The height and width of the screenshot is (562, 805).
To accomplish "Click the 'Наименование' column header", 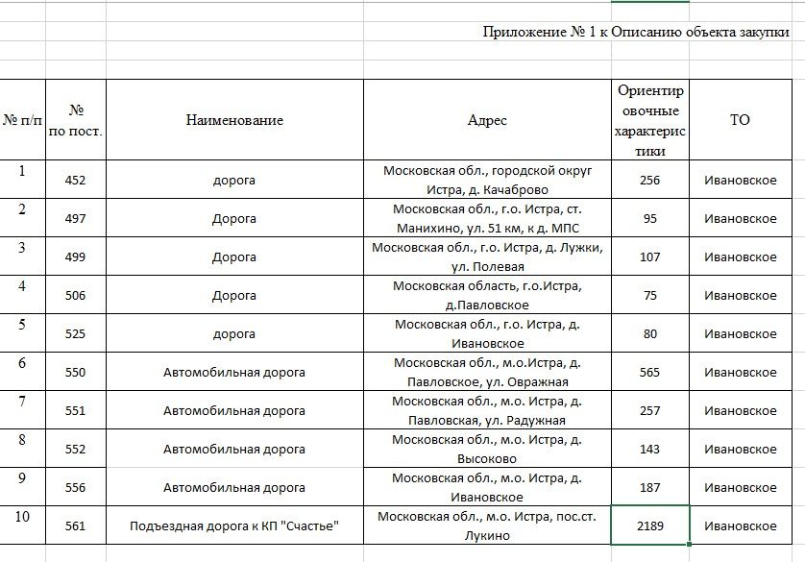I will (234, 120).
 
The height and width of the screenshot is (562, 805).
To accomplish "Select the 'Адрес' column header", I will (487, 120).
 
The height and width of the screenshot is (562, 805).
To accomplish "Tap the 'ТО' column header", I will (740, 120).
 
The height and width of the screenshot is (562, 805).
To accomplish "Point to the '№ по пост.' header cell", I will (75, 120).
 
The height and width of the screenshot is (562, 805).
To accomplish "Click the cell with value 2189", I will (649, 525).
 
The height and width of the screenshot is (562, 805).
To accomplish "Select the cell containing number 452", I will (75, 180).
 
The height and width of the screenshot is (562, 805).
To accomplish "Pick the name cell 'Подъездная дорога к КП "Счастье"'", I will (234, 525).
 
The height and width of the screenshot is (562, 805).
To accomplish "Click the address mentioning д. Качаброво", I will (487, 180).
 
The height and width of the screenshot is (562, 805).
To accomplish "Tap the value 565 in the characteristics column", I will (649, 372).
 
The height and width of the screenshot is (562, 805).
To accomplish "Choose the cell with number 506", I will (75, 295).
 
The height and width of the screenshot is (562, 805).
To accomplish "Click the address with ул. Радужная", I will (487, 410).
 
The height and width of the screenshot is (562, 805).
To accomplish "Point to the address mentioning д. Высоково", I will (487, 449).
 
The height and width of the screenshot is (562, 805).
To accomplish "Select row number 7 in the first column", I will (22, 402).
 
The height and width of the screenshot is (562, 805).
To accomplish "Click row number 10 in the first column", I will (22, 517).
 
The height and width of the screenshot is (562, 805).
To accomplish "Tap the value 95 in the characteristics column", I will (649, 218).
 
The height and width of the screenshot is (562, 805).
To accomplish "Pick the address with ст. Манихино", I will (487, 218).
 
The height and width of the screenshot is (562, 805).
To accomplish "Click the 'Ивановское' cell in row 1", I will (740, 180).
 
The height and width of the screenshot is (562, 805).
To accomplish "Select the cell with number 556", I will (75, 487).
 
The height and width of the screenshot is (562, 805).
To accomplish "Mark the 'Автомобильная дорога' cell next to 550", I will (234, 372).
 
